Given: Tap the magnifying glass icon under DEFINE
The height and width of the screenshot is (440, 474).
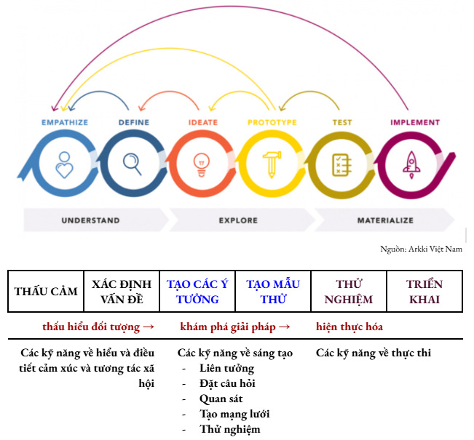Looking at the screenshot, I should pos(133,164).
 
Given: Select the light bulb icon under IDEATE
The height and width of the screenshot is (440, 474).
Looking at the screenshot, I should pos(201,164).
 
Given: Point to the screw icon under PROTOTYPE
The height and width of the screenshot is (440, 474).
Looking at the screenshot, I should pos(272,164).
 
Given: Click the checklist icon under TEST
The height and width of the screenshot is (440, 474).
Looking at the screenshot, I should pos(341,164).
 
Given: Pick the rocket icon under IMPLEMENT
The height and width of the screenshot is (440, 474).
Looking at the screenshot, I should pos(411,164).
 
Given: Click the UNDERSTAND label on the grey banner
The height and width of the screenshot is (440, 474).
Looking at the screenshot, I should pos(90,220).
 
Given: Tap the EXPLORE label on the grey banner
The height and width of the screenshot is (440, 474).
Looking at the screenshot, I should pos(238,220).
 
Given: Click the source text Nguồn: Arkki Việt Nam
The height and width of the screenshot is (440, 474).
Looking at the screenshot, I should pos(421,249).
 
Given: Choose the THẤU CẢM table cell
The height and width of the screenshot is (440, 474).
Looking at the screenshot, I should pos(46,292).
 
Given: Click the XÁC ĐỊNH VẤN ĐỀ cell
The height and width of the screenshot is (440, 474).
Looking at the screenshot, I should pos(122,292).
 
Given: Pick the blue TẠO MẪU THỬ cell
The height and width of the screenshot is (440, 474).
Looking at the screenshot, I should pos(273,292).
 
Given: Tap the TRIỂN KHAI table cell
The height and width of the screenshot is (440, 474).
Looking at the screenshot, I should pos(424,292).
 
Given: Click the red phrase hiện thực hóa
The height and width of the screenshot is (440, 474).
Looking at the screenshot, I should pos(349,327).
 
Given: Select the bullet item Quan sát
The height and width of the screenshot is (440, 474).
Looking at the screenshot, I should pos(221,399).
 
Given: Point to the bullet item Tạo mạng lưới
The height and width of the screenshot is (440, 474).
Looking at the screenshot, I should pos(234,414).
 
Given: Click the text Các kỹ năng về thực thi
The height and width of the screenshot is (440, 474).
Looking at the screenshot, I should pos(374,353).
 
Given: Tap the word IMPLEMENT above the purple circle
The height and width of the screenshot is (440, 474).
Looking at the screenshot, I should pos(414,123).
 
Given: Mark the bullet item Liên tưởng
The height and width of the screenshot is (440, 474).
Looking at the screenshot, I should pos(226,368).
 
